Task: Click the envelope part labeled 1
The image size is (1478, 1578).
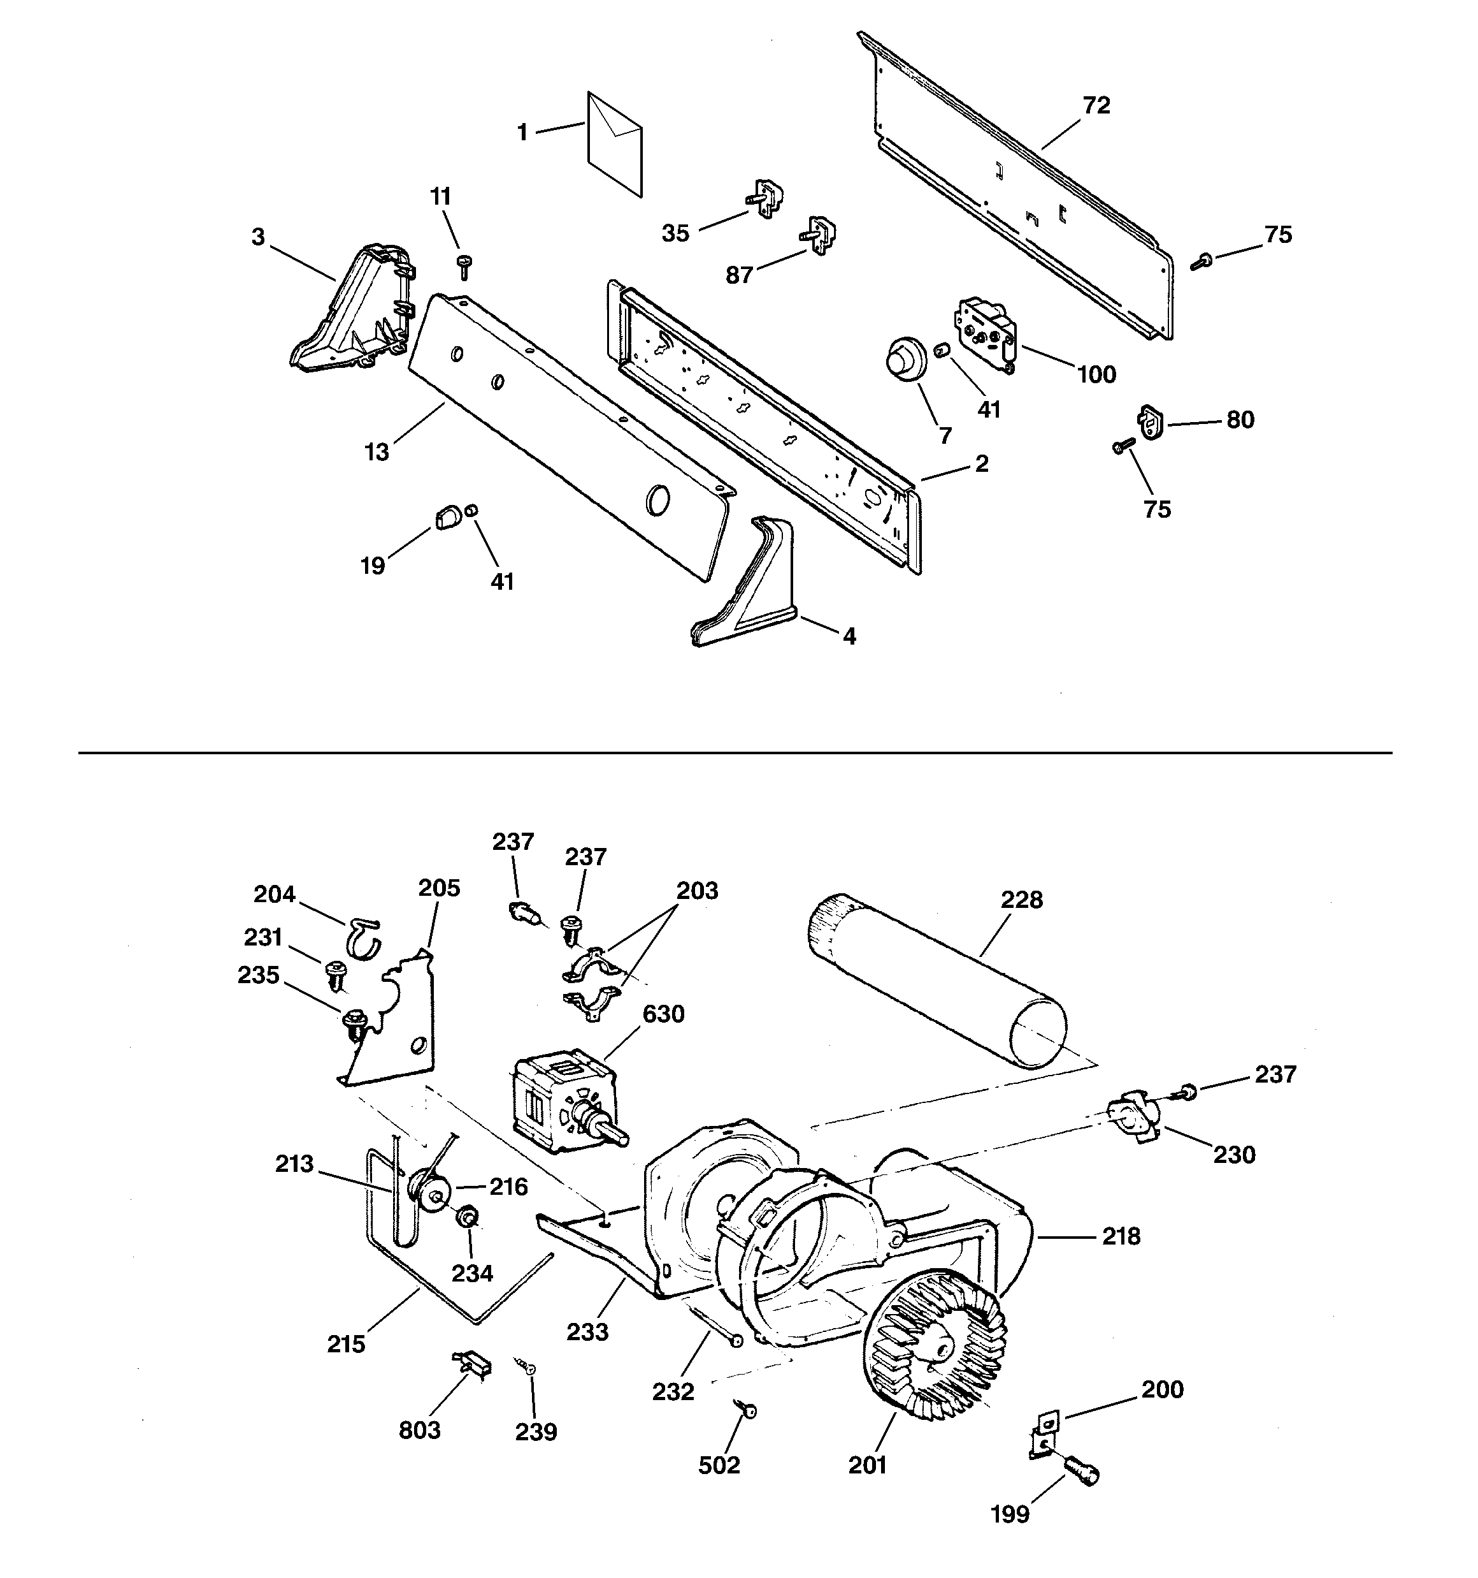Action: [615, 143]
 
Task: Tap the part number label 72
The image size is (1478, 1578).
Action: [1096, 106]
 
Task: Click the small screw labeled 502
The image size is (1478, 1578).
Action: [747, 1410]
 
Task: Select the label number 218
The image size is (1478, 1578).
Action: [1121, 1236]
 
